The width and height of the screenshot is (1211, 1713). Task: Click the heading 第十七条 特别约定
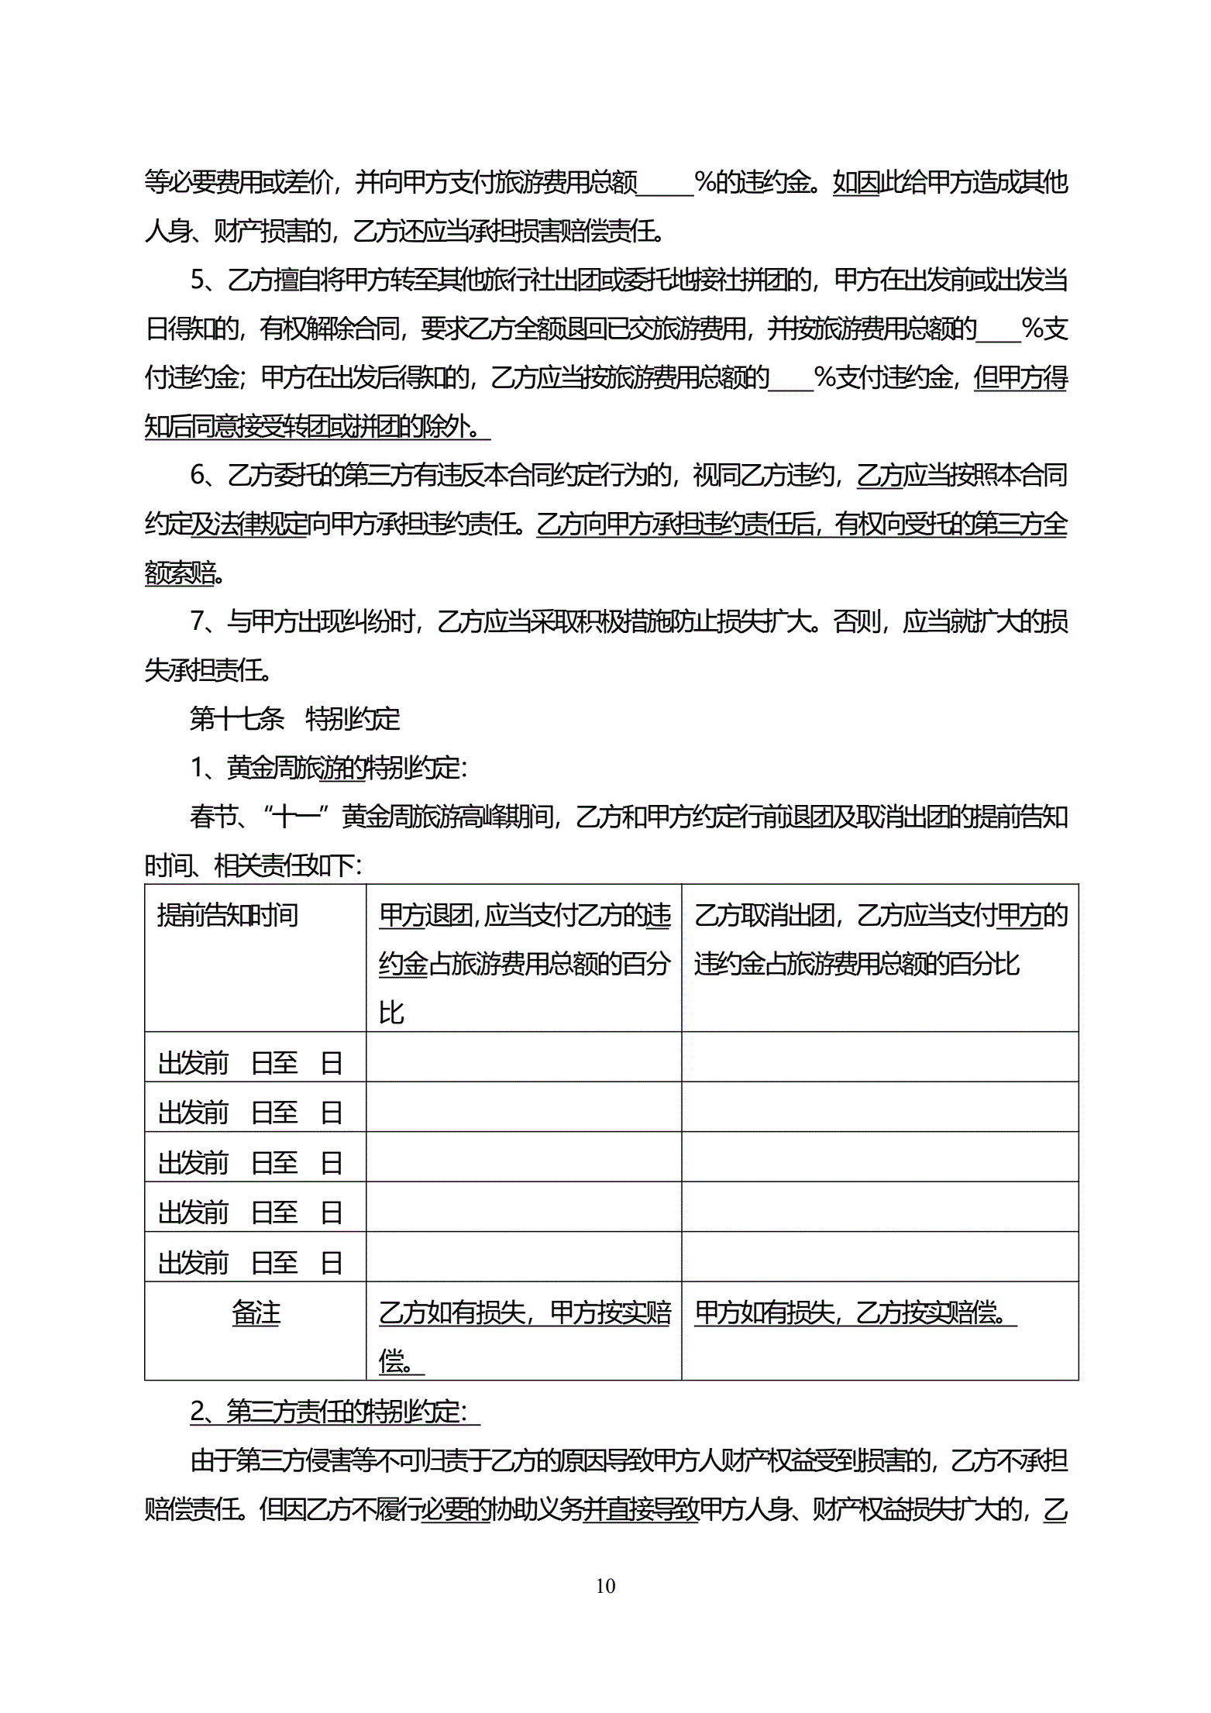pyautogui.click(x=294, y=719)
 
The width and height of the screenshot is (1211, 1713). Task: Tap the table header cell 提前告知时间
pyautogui.click(x=228, y=916)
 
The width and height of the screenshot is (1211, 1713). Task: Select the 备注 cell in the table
pyautogui.click(x=256, y=1313)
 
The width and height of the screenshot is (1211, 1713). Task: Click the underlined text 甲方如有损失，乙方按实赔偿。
pyautogui.click(x=855, y=1313)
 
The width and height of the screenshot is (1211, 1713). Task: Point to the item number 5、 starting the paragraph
pyautogui.click(x=205, y=280)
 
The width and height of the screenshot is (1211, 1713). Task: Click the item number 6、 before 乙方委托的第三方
pyautogui.click(x=205, y=475)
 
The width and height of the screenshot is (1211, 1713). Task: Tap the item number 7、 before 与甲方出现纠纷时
pyautogui.click(x=205, y=621)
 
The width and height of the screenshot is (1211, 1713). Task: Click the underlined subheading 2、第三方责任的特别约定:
pyautogui.click(x=335, y=1412)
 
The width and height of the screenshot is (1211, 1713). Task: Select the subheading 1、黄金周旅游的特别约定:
pyautogui.click(x=329, y=768)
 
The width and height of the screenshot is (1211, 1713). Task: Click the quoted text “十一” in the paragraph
pyautogui.click(x=298, y=817)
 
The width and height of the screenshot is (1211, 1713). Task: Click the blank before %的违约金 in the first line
pyautogui.click(x=665, y=183)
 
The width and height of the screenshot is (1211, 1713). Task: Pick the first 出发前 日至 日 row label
pyautogui.click(x=249, y=1063)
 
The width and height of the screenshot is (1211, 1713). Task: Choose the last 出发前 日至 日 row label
pyautogui.click(x=249, y=1263)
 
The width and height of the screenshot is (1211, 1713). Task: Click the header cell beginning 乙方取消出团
pyautogui.click(x=880, y=940)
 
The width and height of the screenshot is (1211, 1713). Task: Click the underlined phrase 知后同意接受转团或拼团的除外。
pyautogui.click(x=317, y=426)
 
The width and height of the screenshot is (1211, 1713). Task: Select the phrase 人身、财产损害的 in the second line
pyautogui.click(x=241, y=231)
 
